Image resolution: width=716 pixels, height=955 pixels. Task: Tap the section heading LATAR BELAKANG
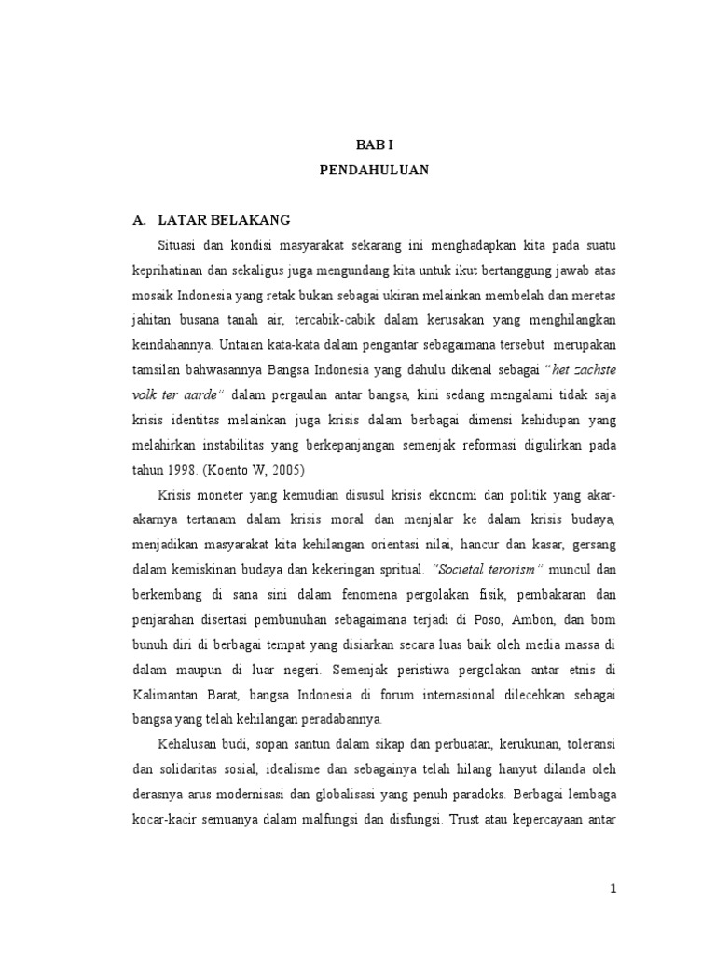[224, 220]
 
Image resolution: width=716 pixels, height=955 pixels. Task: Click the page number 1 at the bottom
[613, 889]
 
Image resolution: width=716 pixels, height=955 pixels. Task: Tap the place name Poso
[486, 620]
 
